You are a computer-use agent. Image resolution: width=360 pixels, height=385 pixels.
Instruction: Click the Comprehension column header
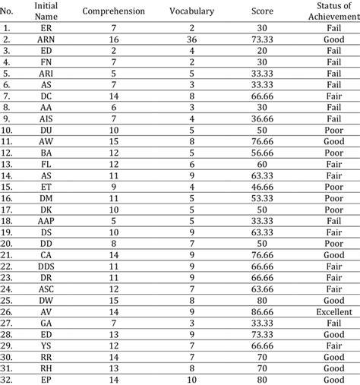[113, 12]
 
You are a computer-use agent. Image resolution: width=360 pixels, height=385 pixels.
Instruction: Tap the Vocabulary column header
[192, 12]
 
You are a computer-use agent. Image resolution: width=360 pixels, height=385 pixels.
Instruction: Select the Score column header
[262, 12]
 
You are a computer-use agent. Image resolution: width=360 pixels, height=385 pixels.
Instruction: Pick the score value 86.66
[262, 312]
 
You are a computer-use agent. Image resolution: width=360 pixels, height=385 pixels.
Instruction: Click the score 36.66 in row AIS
[262, 118]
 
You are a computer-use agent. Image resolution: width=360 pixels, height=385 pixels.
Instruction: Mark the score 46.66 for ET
[262, 186]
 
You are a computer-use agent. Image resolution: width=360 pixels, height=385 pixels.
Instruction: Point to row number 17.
[8, 209]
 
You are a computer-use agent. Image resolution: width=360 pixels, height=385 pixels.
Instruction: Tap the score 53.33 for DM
[262, 197]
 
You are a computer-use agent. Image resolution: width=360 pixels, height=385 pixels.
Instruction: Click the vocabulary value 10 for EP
[192, 380]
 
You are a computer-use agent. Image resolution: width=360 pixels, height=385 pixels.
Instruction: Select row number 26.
[8, 312]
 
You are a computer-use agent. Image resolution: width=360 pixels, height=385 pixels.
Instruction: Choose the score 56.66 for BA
[262, 152]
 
